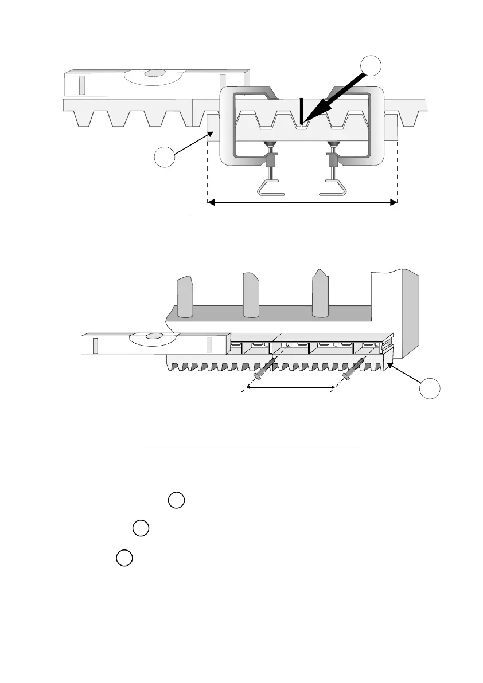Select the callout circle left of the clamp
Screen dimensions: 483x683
click(165, 157)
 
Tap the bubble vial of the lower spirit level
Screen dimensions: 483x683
click(147, 337)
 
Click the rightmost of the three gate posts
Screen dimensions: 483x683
click(320, 295)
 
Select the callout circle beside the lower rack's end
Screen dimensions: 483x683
click(430, 390)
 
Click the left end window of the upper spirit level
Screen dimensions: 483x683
click(81, 83)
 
